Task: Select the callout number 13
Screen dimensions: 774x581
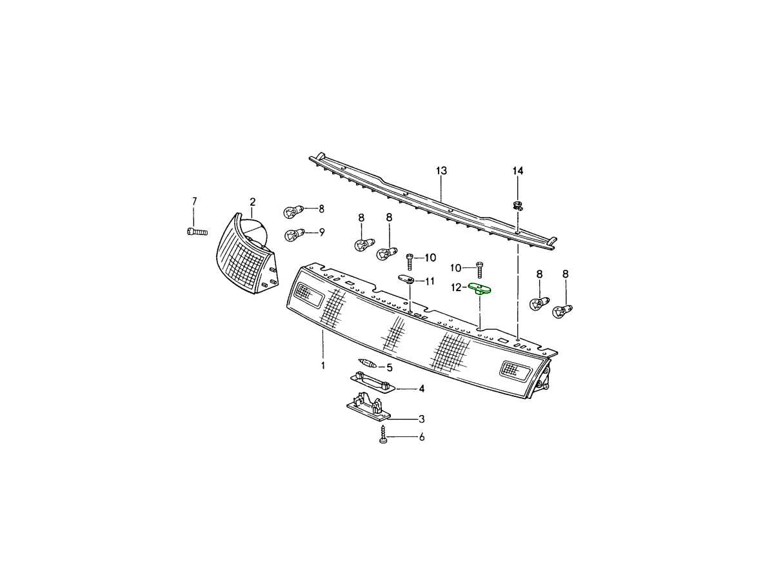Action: coord(441,170)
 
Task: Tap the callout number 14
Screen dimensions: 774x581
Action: coord(518,171)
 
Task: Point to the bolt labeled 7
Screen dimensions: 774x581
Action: coord(197,231)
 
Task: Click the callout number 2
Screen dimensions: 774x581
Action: coord(252,202)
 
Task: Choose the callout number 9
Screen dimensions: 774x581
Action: coord(322,232)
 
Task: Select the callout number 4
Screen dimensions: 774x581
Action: coord(421,389)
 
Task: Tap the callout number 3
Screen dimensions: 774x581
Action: coord(421,419)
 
